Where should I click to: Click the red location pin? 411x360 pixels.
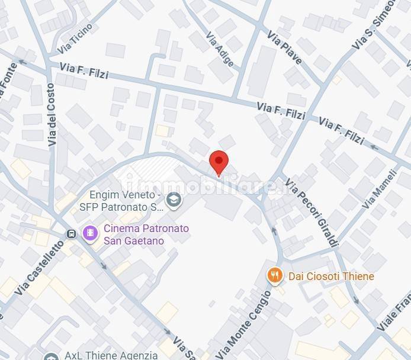pyautogui.click(x=219, y=162)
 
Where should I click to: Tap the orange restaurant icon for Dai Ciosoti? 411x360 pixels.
pyautogui.click(x=274, y=275)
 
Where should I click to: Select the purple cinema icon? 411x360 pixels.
pyautogui.click(x=90, y=233)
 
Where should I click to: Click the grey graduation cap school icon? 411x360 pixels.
pyautogui.click(x=174, y=201)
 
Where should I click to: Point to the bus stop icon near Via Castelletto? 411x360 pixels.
pyautogui.click(x=72, y=233)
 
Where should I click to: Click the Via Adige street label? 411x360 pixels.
pyautogui.click(x=220, y=49)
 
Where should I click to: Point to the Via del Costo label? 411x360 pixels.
pyautogui.click(x=53, y=115)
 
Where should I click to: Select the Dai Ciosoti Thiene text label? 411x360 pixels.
pyautogui.click(x=331, y=276)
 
